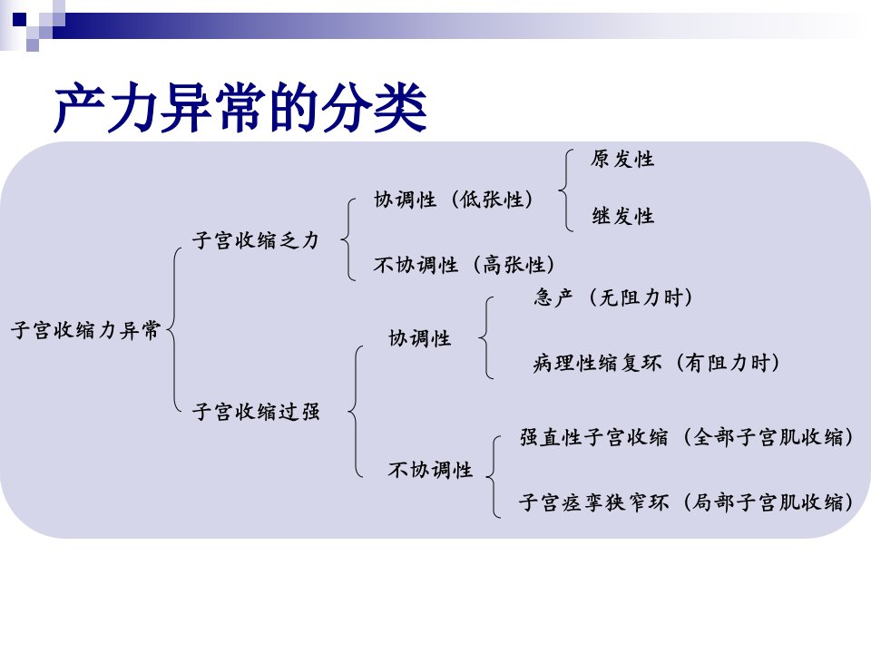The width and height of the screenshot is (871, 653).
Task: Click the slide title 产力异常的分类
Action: [x=240, y=107]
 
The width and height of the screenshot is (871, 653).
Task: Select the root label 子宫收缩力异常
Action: [x=86, y=330]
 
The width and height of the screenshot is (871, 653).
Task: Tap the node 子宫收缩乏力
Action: [x=256, y=240]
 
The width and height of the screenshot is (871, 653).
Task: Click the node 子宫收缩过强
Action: [x=256, y=412]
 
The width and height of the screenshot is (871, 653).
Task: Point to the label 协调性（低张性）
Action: [x=454, y=200]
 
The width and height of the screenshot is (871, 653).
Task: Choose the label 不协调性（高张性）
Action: [x=465, y=264]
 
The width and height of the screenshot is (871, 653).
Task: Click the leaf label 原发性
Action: [x=622, y=160]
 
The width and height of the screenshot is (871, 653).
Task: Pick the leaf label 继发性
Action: [x=622, y=216]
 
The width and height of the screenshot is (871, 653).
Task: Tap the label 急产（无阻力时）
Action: [x=613, y=297]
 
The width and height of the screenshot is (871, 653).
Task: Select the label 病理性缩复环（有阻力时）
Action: [x=656, y=363]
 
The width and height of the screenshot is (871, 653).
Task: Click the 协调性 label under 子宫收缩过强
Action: [x=419, y=337]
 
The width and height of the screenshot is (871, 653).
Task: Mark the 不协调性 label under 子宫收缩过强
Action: [x=430, y=470]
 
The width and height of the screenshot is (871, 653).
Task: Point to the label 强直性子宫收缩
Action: [x=593, y=437]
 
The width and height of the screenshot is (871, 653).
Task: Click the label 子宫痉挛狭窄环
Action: [x=593, y=502]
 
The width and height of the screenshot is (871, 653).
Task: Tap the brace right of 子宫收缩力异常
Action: [x=174, y=330]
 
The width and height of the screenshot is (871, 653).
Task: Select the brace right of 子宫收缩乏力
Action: [x=348, y=239]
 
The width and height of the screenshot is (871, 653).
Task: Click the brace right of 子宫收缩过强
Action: [x=356, y=412]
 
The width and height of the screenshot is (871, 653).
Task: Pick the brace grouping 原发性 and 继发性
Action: [x=565, y=190]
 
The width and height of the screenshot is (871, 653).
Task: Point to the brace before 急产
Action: [x=486, y=337]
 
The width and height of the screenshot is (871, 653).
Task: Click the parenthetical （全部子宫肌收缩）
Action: [x=768, y=437]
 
